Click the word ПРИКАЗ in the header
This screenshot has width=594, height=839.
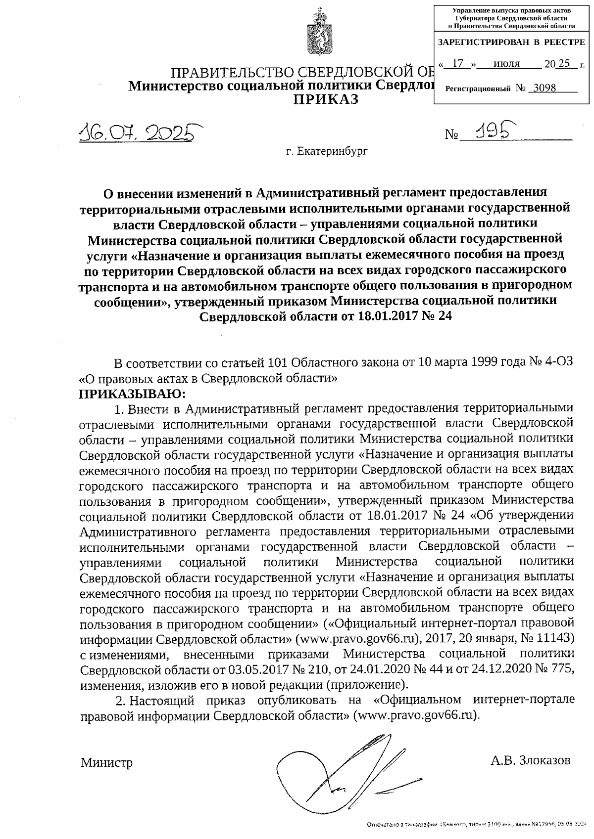(x=325, y=99)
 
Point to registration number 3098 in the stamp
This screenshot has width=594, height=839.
(x=542, y=88)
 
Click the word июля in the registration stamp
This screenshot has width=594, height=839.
(x=507, y=64)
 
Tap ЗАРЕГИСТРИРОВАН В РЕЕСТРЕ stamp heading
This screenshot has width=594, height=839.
(x=511, y=43)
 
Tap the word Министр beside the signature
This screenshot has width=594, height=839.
(x=107, y=763)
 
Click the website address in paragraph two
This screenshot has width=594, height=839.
(x=415, y=715)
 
